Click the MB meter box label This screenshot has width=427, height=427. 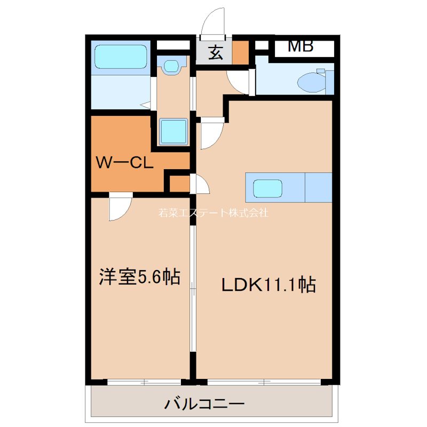click(x=301, y=46)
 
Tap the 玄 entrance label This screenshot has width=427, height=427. click(x=215, y=53)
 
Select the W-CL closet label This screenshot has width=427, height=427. click(x=125, y=163)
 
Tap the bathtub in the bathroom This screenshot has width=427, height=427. click(x=120, y=57)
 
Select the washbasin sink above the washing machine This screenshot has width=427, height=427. click(x=172, y=67)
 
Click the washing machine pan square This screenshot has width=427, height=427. click(x=173, y=131)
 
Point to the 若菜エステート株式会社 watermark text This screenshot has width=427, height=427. click(x=213, y=212)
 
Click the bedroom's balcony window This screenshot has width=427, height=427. click(x=144, y=382)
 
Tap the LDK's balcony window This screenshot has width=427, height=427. click(x=264, y=382)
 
